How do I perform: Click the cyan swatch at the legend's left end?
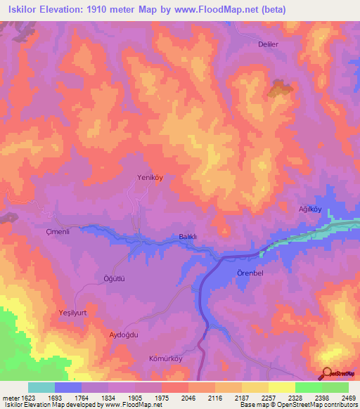point(41,387)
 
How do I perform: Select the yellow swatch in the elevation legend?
point(282,387)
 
